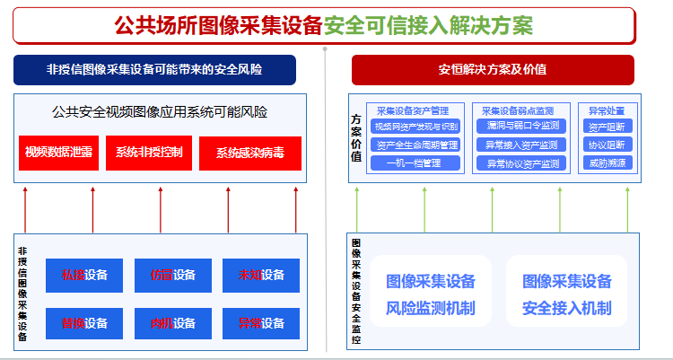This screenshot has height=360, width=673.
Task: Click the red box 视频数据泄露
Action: coord(59,153)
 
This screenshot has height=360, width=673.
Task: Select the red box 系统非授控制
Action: coord(148,153)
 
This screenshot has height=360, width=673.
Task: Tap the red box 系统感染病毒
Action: coord(250,153)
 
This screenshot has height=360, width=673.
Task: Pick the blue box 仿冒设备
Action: coord(173,275)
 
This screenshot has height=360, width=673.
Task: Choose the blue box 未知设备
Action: coord(261,275)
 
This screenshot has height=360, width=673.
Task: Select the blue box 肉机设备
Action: coord(173,323)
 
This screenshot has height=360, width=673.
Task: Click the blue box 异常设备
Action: coord(261,323)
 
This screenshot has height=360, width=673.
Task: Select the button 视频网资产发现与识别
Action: coord(415,127)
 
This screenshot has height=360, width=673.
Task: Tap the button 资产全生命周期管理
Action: coord(415,145)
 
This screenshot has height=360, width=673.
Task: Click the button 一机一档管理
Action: coord(415,163)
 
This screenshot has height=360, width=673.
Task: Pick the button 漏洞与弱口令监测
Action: coord(522,127)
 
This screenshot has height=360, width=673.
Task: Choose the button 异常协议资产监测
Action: coord(522,163)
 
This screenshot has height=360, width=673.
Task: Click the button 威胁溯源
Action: coord(608,163)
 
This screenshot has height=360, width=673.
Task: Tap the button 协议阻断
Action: coord(608,145)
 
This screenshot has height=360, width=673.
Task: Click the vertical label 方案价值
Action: coord(357,137)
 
